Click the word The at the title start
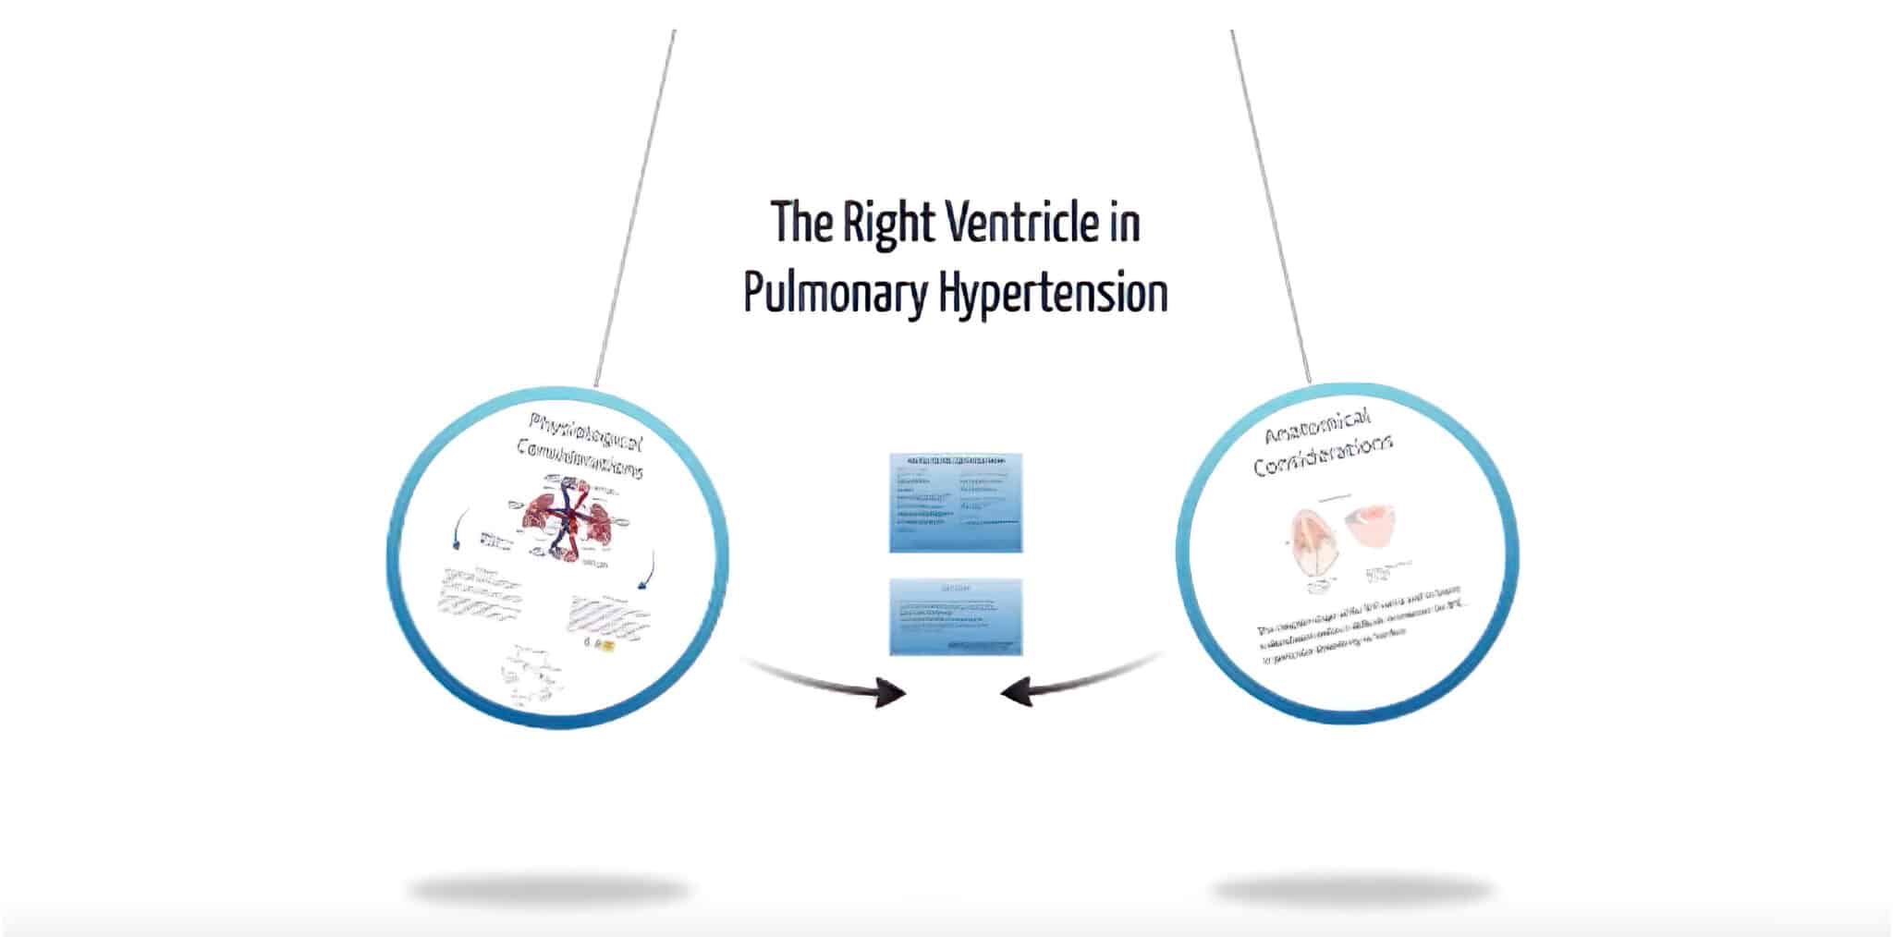tap(800, 223)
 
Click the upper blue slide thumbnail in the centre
tap(956, 503)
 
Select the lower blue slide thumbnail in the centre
tap(956, 617)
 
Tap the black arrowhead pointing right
tap(889, 692)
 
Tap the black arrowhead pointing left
tap(1018, 692)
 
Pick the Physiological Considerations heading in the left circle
tap(582, 445)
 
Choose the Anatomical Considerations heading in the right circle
tap(1324, 443)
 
